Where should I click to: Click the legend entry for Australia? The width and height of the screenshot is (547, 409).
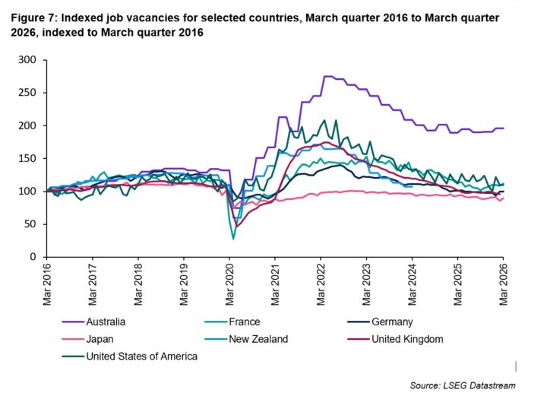(x=93, y=322)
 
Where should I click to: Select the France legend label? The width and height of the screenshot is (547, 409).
(x=232, y=322)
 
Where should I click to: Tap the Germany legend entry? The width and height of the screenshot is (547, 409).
(x=381, y=322)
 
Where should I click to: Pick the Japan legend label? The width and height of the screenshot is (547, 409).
(x=87, y=339)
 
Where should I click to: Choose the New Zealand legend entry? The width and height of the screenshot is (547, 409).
(x=246, y=339)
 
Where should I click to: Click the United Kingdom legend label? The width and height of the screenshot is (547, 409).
(x=395, y=339)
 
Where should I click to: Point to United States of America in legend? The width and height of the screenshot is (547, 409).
(x=130, y=357)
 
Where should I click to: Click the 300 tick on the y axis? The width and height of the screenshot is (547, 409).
(x=27, y=59)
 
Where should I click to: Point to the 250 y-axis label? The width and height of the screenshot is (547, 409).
(x=27, y=93)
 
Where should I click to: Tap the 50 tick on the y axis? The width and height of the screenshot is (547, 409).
(x=30, y=224)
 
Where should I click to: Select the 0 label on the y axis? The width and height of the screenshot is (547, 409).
(x=33, y=257)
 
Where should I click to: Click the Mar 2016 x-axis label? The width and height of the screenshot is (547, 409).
(x=47, y=284)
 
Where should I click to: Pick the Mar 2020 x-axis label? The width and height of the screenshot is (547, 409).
(x=229, y=284)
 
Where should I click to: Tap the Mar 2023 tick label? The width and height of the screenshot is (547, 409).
(x=366, y=284)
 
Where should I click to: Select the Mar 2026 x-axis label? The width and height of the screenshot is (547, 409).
(x=504, y=284)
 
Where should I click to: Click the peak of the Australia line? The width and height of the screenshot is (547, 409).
(x=328, y=76)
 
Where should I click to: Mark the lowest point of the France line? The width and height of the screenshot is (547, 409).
(x=233, y=239)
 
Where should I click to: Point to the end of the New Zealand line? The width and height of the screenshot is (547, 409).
(x=413, y=187)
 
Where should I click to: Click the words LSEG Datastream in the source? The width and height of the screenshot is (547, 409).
(x=479, y=385)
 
